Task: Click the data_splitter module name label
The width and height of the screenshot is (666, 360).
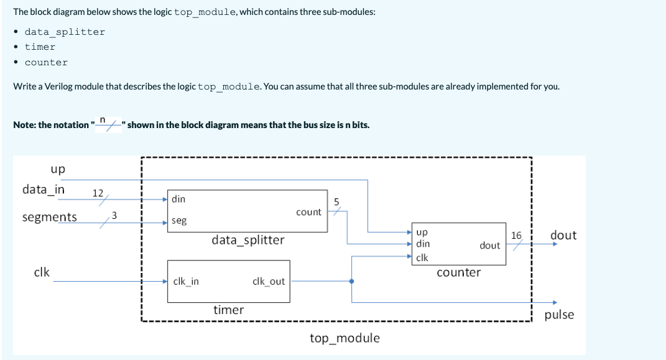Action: pyautogui.click(x=247, y=240)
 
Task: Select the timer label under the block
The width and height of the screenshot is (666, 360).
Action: pyautogui.click(x=228, y=309)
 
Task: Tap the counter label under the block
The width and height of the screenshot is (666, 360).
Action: pyautogui.click(x=458, y=272)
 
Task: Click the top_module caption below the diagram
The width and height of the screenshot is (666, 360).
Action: pyautogui.click(x=345, y=338)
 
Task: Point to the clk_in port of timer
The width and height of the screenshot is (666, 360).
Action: pyautogui.click(x=186, y=281)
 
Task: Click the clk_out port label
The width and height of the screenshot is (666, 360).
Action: pyautogui.click(x=269, y=281)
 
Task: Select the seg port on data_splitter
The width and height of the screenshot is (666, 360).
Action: pyautogui.click(x=178, y=221)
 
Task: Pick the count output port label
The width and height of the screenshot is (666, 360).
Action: pyautogui.click(x=308, y=212)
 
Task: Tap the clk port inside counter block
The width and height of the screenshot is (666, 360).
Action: pyautogui.click(x=422, y=257)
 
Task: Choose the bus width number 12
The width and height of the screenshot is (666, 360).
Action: pyautogui.click(x=98, y=193)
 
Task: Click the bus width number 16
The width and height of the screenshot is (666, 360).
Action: pyautogui.click(x=516, y=236)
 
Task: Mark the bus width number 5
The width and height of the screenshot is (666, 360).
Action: pyautogui.click(x=336, y=201)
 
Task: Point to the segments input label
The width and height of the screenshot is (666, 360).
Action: pyautogui.click(x=50, y=217)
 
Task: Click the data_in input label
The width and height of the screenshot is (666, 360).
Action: pyautogui.click(x=44, y=189)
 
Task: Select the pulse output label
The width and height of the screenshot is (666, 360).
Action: pyautogui.click(x=559, y=315)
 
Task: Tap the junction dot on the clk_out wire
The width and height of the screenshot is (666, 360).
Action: pyautogui.click(x=353, y=281)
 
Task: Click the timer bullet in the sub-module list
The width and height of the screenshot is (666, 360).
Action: pyautogui.click(x=40, y=47)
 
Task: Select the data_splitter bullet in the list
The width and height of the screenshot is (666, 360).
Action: pyautogui.click(x=65, y=32)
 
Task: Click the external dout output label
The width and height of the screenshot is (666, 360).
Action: pyautogui.click(x=563, y=235)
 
